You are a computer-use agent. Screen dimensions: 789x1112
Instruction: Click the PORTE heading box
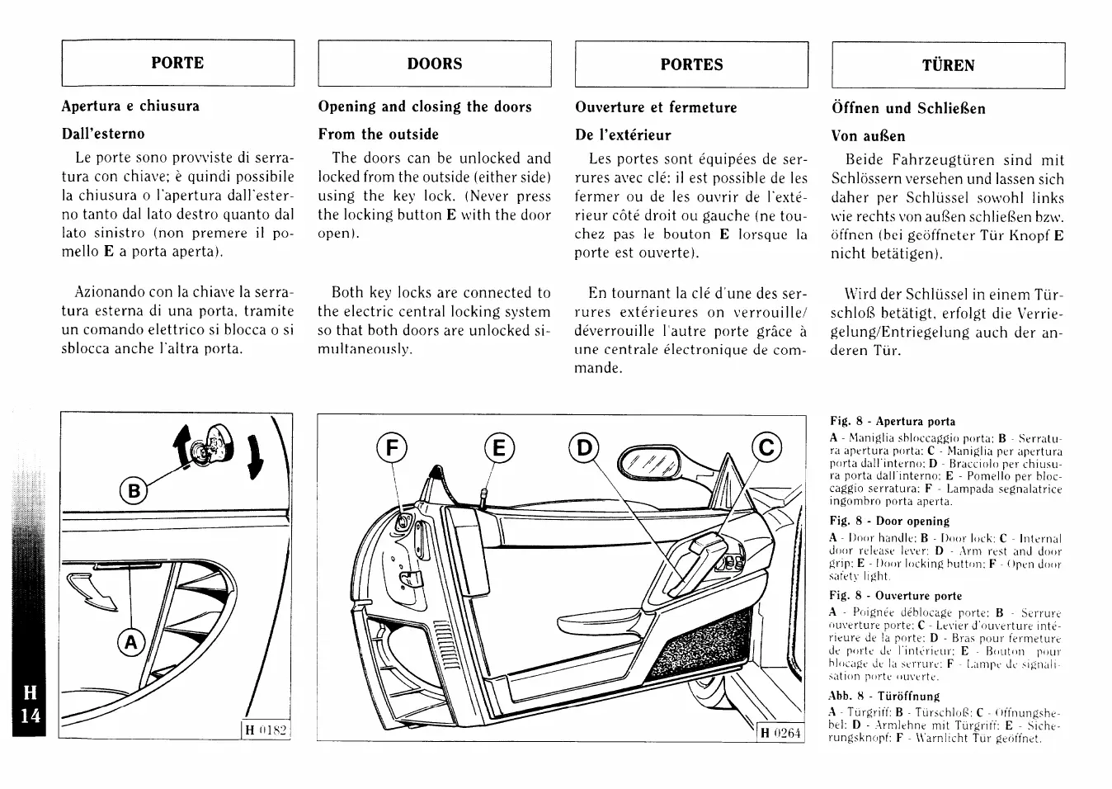[x=177, y=63]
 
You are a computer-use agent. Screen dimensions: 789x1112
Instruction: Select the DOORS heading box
[x=435, y=64]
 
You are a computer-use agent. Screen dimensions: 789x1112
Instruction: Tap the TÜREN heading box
[x=948, y=65]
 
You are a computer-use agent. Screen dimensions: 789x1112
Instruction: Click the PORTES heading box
[x=691, y=64]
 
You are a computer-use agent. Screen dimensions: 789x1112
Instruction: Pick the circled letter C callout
[x=766, y=447]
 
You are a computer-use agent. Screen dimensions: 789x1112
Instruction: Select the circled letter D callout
[x=584, y=448]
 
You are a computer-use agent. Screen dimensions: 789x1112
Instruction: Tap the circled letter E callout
[x=498, y=448]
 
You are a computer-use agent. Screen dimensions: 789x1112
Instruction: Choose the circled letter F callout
[x=393, y=448]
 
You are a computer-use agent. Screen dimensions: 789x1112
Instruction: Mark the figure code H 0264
[x=780, y=732]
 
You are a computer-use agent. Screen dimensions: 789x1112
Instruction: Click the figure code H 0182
[x=266, y=730]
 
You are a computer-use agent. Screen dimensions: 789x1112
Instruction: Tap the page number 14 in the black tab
[x=31, y=715]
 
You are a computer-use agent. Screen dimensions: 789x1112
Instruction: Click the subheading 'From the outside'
[x=379, y=134]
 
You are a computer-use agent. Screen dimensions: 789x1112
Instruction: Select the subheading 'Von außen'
[x=868, y=136]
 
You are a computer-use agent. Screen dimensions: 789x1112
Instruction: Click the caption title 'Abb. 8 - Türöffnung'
[x=883, y=696]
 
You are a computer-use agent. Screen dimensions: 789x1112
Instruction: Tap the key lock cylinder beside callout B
[x=199, y=450]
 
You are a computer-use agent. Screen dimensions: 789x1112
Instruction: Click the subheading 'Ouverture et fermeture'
[x=656, y=107]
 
